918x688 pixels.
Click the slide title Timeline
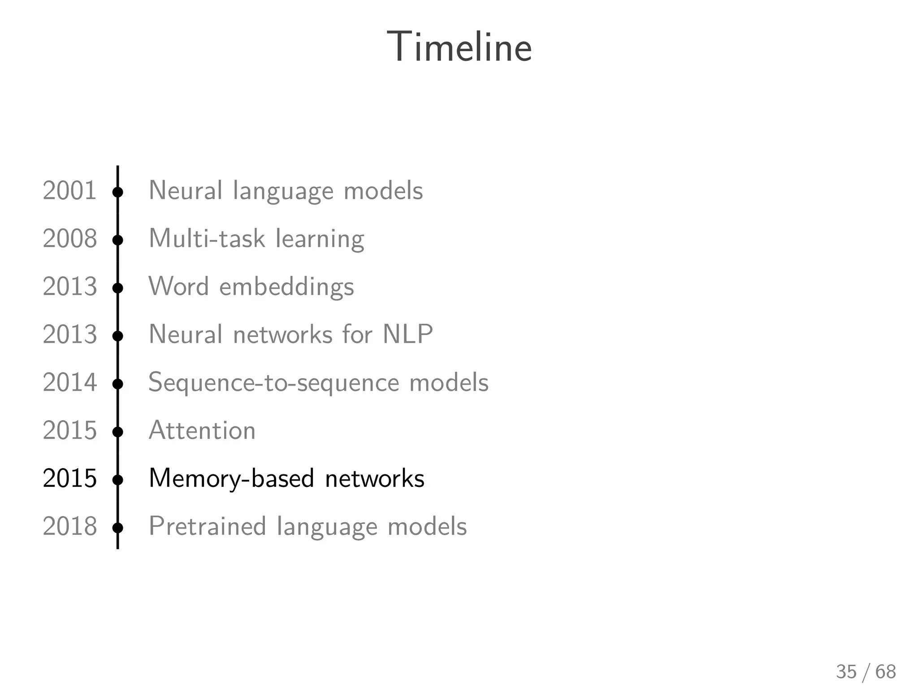(x=459, y=47)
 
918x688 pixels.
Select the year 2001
(x=69, y=190)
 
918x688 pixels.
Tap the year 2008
(x=69, y=238)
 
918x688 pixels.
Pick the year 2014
(x=69, y=383)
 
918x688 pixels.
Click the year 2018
(x=69, y=526)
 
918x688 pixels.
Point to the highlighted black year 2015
(x=69, y=478)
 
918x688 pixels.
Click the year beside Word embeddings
(x=69, y=286)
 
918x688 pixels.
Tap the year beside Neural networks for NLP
(x=69, y=335)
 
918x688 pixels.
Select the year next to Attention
(x=69, y=430)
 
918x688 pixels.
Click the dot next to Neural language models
(x=118, y=192)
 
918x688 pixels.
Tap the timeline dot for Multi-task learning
(x=118, y=240)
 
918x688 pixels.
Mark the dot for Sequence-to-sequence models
(x=118, y=384)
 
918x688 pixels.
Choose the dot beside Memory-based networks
(x=118, y=480)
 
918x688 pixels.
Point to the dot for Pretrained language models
(x=118, y=528)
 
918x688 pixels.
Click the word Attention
(x=202, y=430)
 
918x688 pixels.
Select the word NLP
(x=407, y=334)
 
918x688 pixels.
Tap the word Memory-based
(x=231, y=479)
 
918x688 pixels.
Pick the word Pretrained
(x=207, y=526)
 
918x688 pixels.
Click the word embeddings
(x=286, y=287)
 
